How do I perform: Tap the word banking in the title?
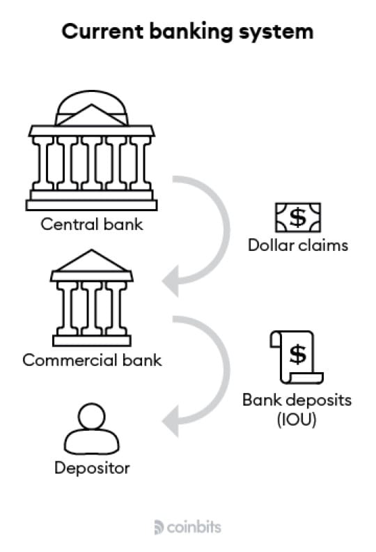point(191,32)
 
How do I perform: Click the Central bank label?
point(92,224)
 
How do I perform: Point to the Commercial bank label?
point(92,360)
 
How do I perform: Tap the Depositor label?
point(92,468)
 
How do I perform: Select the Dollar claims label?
point(298,245)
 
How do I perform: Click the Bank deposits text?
point(297,400)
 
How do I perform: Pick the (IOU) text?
point(297,420)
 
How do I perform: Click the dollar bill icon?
point(298,217)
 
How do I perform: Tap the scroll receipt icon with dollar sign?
point(297,358)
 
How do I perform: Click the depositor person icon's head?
point(92,417)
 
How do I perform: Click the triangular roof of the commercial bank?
point(92,261)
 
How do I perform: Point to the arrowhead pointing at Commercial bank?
point(171,282)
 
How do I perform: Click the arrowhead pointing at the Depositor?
point(171,421)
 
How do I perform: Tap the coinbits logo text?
point(194,528)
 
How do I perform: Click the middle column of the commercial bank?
point(92,307)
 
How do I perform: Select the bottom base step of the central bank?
point(92,205)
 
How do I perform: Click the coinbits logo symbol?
point(159,528)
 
